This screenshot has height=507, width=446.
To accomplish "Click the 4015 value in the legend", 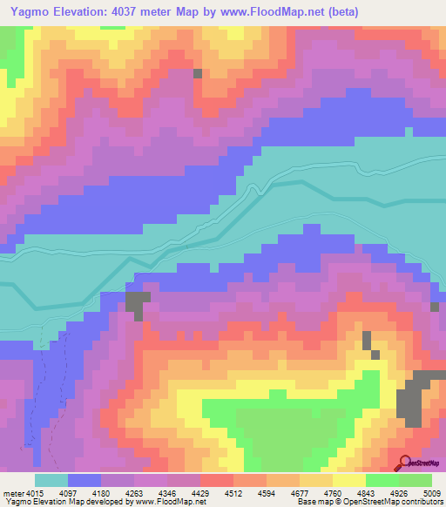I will [34, 494].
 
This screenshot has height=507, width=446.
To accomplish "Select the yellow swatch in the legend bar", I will [348, 480].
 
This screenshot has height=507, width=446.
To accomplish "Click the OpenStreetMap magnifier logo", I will [406, 463].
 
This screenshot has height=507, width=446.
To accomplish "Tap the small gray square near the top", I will [198, 74].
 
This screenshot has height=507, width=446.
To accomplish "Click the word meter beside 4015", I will [11, 494].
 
